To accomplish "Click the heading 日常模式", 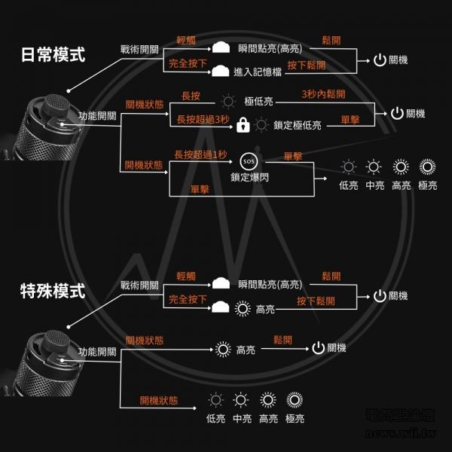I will pyautogui.click(x=52, y=54).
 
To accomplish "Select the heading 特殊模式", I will pyautogui.click(x=52, y=291).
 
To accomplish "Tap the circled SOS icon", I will pyautogui.click(x=248, y=161).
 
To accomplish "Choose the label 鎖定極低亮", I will pyautogui.click(x=298, y=126).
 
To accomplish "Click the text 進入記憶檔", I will pyautogui.click(x=260, y=72).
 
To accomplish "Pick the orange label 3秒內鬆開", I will pyautogui.click(x=323, y=95).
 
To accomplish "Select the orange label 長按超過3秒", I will pyautogui.click(x=203, y=119).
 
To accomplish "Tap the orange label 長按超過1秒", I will pyautogui.click(x=200, y=154).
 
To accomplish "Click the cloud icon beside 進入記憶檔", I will pyautogui.click(x=220, y=72).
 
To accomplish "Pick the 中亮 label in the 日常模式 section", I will pyautogui.click(x=374, y=185).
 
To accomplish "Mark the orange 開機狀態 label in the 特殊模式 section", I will pyautogui.click(x=159, y=400).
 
